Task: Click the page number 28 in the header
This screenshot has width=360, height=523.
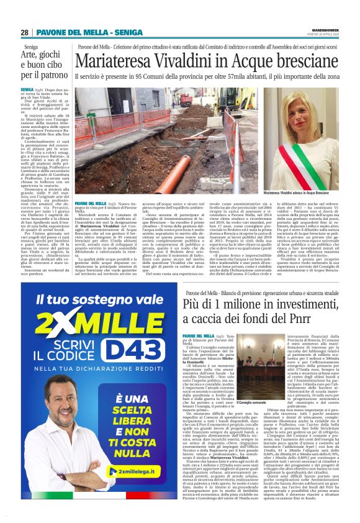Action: pyautogui.click(x=24, y=32)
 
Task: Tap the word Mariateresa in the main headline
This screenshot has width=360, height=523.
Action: pyautogui.click(x=114, y=61)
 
